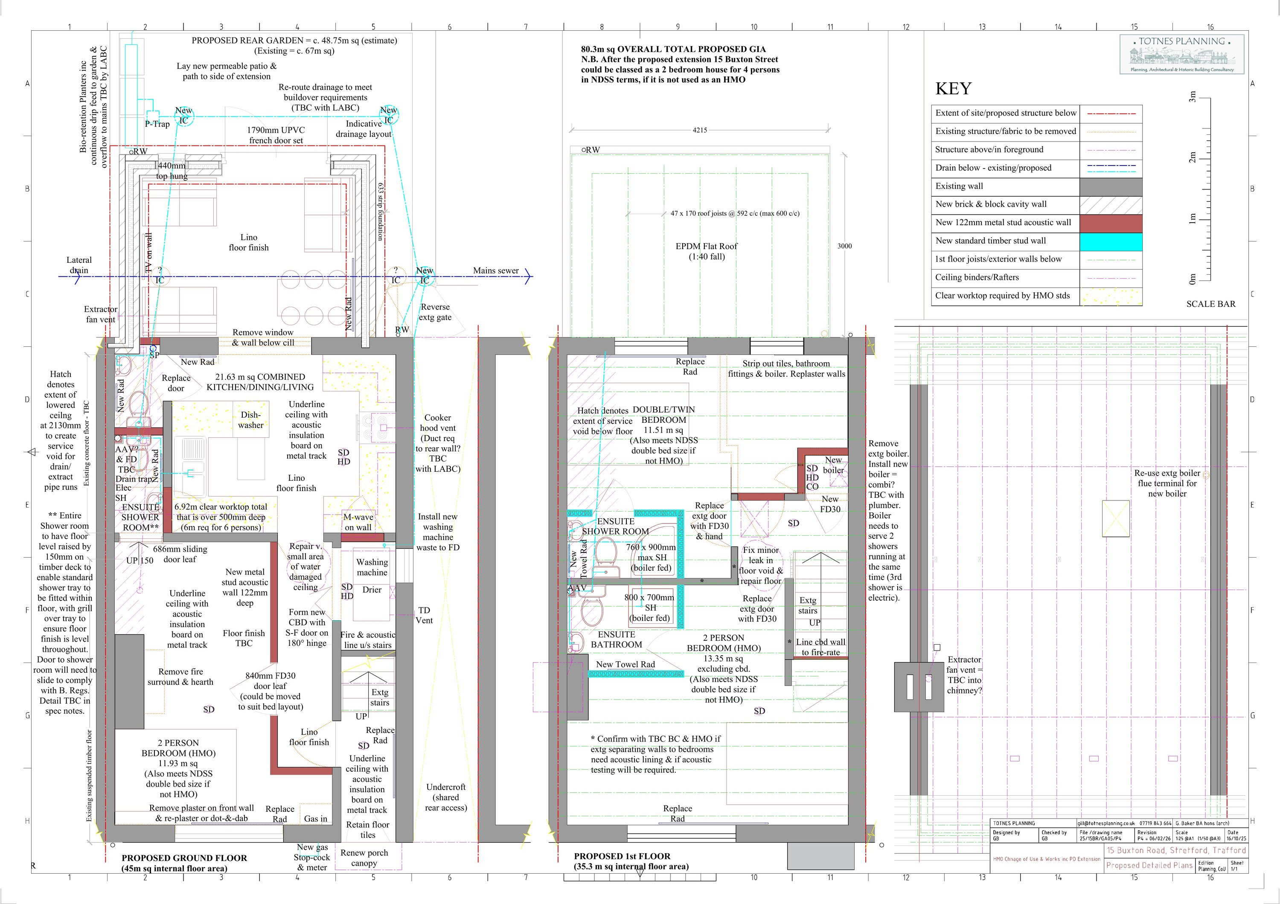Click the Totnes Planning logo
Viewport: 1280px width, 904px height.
point(1181,55)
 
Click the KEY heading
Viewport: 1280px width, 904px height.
point(953,89)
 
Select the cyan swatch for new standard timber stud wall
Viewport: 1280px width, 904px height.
point(1111,241)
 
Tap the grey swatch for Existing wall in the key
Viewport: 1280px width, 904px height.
point(1111,186)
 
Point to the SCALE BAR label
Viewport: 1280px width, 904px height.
point(1210,304)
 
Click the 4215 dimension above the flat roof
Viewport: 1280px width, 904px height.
point(700,130)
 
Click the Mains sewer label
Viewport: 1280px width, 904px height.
point(496,271)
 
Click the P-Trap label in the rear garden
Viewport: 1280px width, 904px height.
point(157,124)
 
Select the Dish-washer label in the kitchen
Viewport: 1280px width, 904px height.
point(250,420)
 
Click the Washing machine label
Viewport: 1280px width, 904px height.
point(372,567)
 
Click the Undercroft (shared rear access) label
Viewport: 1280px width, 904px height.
point(445,797)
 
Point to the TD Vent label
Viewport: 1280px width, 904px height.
point(424,615)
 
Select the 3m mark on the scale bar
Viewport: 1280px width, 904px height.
point(1193,98)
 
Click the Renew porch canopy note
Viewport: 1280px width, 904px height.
point(364,858)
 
